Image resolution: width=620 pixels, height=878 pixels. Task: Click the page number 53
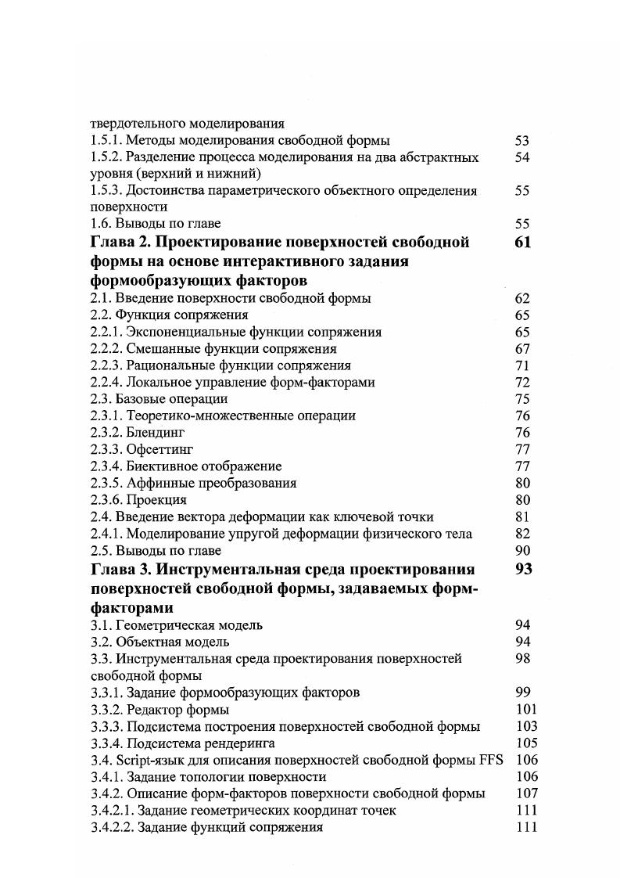point(522,141)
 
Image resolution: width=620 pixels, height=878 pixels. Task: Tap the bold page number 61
point(523,242)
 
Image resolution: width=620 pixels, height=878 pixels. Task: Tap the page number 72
point(522,383)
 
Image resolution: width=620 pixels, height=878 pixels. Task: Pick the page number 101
point(527,710)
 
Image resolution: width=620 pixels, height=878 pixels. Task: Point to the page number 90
point(522,551)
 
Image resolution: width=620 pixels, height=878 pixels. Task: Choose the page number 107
point(527,793)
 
